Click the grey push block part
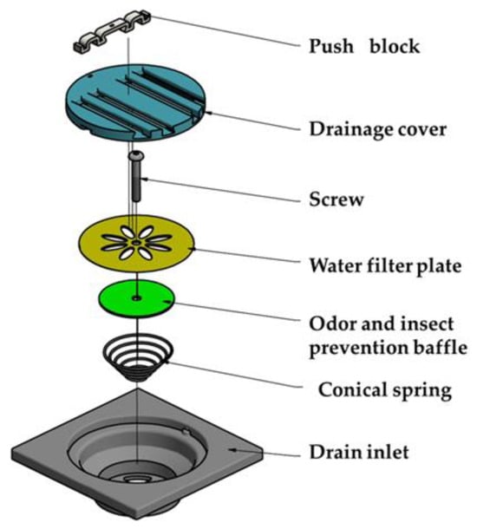(111, 31)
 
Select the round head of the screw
(135, 156)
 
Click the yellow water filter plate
(137, 243)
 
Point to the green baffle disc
(137, 298)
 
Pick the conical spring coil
(137, 357)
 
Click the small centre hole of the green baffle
(136, 298)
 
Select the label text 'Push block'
(364, 46)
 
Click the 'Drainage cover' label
(378, 129)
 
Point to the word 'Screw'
(337, 199)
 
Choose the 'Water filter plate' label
(385, 266)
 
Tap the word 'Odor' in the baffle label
(332, 323)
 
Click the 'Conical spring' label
(385, 390)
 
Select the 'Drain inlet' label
(359, 452)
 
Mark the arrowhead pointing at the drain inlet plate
(232, 449)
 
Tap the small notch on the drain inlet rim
(186, 432)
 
